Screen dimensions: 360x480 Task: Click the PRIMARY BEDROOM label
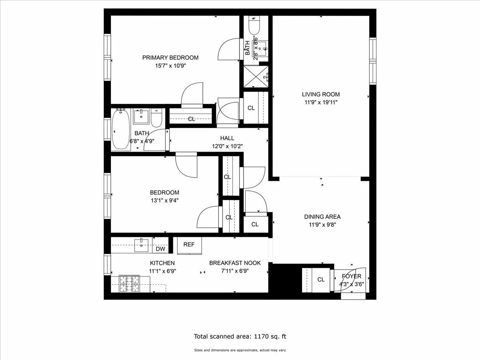pyautogui.click(x=170, y=58)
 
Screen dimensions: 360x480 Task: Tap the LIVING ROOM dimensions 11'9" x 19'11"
pyautogui.click(x=320, y=102)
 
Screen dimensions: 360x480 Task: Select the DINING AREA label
pyautogui.click(x=322, y=217)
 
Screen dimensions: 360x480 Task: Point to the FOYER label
pyautogui.click(x=351, y=276)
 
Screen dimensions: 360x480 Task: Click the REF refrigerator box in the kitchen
pyautogui.click(x=189, y=245)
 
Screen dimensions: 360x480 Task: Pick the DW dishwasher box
pyautogui.click(x=160, y=249)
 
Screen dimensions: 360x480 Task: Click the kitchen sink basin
pyautogui.click(x=141, y=245)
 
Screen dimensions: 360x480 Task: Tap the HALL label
pyautogui.click(x=227, y=138)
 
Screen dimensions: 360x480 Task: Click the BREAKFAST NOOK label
pyautogui.click(x=235, y=263)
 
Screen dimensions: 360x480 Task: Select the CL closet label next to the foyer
pyautogui.click(x=321, y=280)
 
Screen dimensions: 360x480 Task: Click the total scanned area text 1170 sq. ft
pyautogui.click(x=240, y=336)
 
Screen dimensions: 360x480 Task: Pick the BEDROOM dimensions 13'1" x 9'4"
pyautogui.click(x=164, y=200)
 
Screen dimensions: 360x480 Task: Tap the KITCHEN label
pyautogui.click(x=162, y=263)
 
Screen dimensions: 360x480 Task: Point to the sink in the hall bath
pyautogui.click(x=141, y=117)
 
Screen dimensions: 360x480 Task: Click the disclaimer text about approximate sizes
pyautogui.click(x=240, y=350)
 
